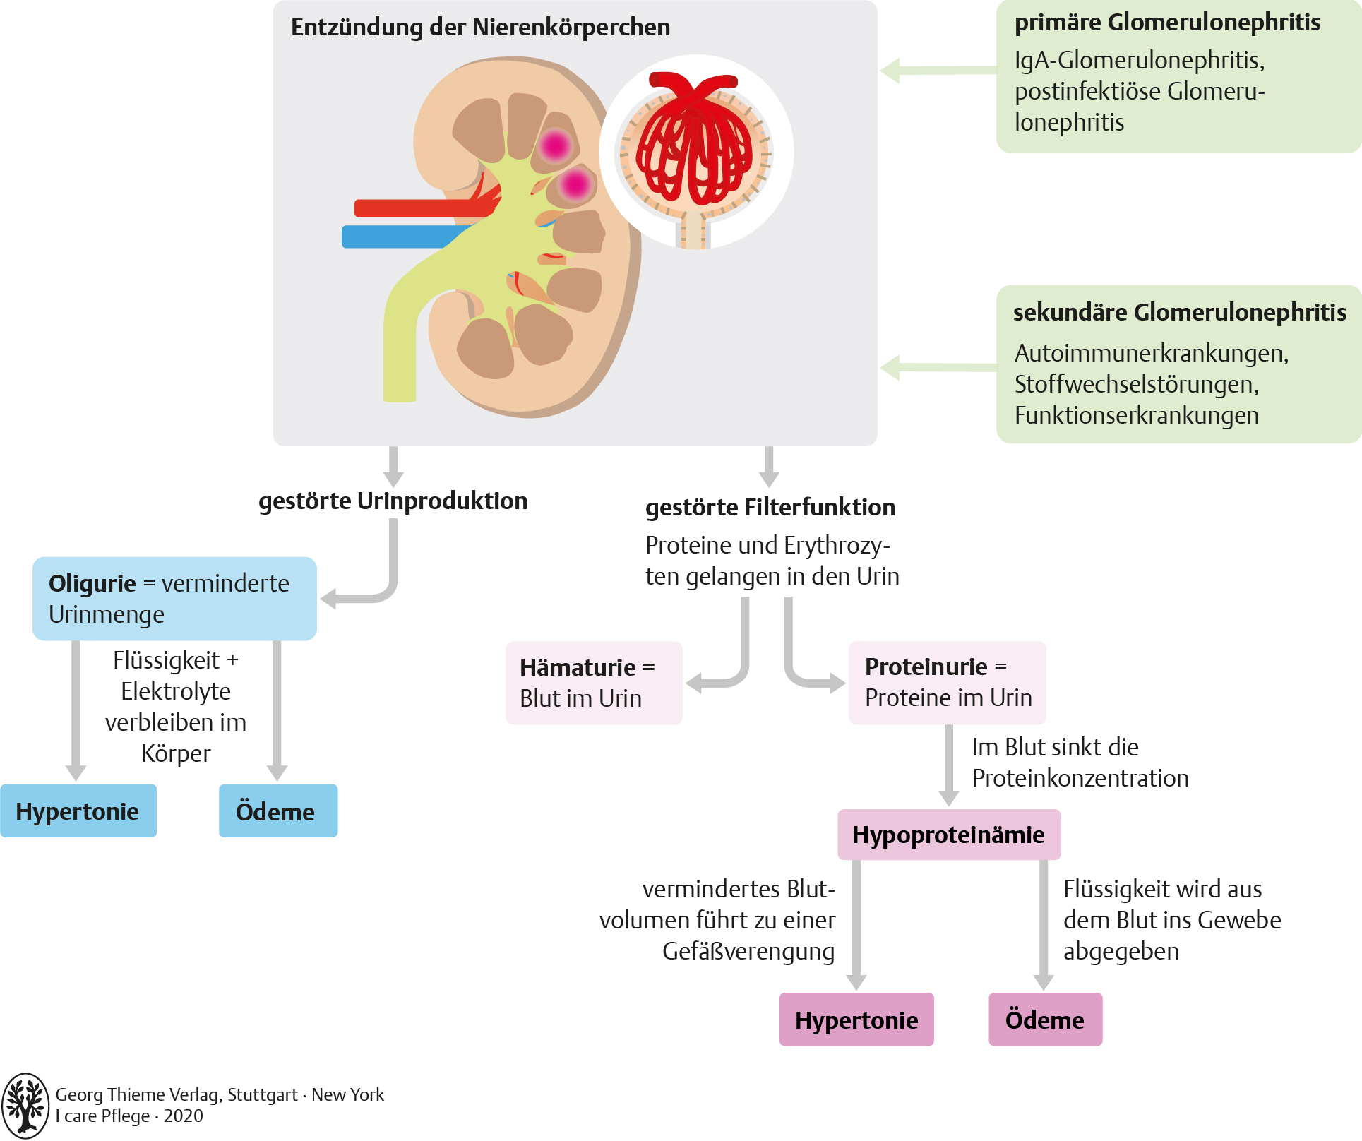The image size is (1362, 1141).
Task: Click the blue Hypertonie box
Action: (78, 811)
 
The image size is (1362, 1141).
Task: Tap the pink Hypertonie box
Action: (856, 1020)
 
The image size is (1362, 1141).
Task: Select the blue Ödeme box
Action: (277, 811)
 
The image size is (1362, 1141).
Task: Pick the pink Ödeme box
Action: (1045, 1020)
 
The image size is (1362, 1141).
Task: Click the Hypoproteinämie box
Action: (948, 835)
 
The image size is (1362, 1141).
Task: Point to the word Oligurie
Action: (92, 584)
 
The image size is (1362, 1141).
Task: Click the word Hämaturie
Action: (577, 668)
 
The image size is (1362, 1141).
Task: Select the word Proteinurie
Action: (926, 667)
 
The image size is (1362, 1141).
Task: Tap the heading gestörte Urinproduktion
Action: (393, 501)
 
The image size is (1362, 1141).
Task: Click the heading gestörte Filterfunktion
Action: (770, 508)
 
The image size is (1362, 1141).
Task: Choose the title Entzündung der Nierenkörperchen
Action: (480, 28)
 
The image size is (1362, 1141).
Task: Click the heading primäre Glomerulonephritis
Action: (1166, 23)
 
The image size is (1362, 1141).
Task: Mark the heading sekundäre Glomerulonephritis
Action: (1179, 313)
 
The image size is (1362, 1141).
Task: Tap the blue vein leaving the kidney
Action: (395, 237)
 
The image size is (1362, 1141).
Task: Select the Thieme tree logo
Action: (25, 1105)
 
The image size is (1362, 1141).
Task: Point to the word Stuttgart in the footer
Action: (262, 1095)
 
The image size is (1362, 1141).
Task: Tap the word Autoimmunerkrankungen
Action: (1151, 353)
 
